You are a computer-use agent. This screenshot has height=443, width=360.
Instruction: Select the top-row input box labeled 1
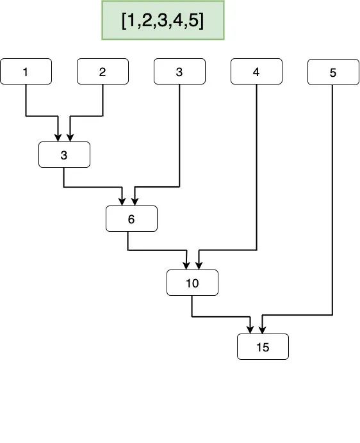[x=26, y=72]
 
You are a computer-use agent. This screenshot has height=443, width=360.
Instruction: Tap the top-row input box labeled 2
[x=102, y=72]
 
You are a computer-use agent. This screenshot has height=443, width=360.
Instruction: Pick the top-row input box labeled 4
[x=256, y=72]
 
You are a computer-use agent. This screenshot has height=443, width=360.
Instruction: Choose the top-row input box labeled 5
[x=332, y=72]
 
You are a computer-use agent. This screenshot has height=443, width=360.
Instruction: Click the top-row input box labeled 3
[x=179, y=72]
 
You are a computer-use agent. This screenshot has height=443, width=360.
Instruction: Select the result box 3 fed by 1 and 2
[x=64, y=155]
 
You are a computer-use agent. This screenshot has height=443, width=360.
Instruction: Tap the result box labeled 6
[x=131, y=219]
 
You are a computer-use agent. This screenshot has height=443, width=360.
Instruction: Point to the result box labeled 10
[x=192, y=283]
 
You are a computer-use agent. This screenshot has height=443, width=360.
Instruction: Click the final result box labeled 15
[x=263, y=347]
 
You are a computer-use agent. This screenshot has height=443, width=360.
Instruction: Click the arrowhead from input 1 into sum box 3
[x=58, y=138]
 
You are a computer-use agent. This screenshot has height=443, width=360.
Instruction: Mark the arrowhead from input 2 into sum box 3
[x=70, y=138]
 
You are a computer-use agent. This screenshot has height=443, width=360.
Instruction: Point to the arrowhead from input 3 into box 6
[x=134, y=202]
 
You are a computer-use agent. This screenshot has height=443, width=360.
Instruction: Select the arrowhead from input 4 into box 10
[x=198, y=266]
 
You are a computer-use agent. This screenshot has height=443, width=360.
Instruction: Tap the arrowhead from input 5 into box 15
[x=262, y=330]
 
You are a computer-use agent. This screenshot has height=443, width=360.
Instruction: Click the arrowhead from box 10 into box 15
[x=250, y=330]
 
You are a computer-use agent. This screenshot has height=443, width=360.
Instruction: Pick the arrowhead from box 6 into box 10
[x=186, y=266]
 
